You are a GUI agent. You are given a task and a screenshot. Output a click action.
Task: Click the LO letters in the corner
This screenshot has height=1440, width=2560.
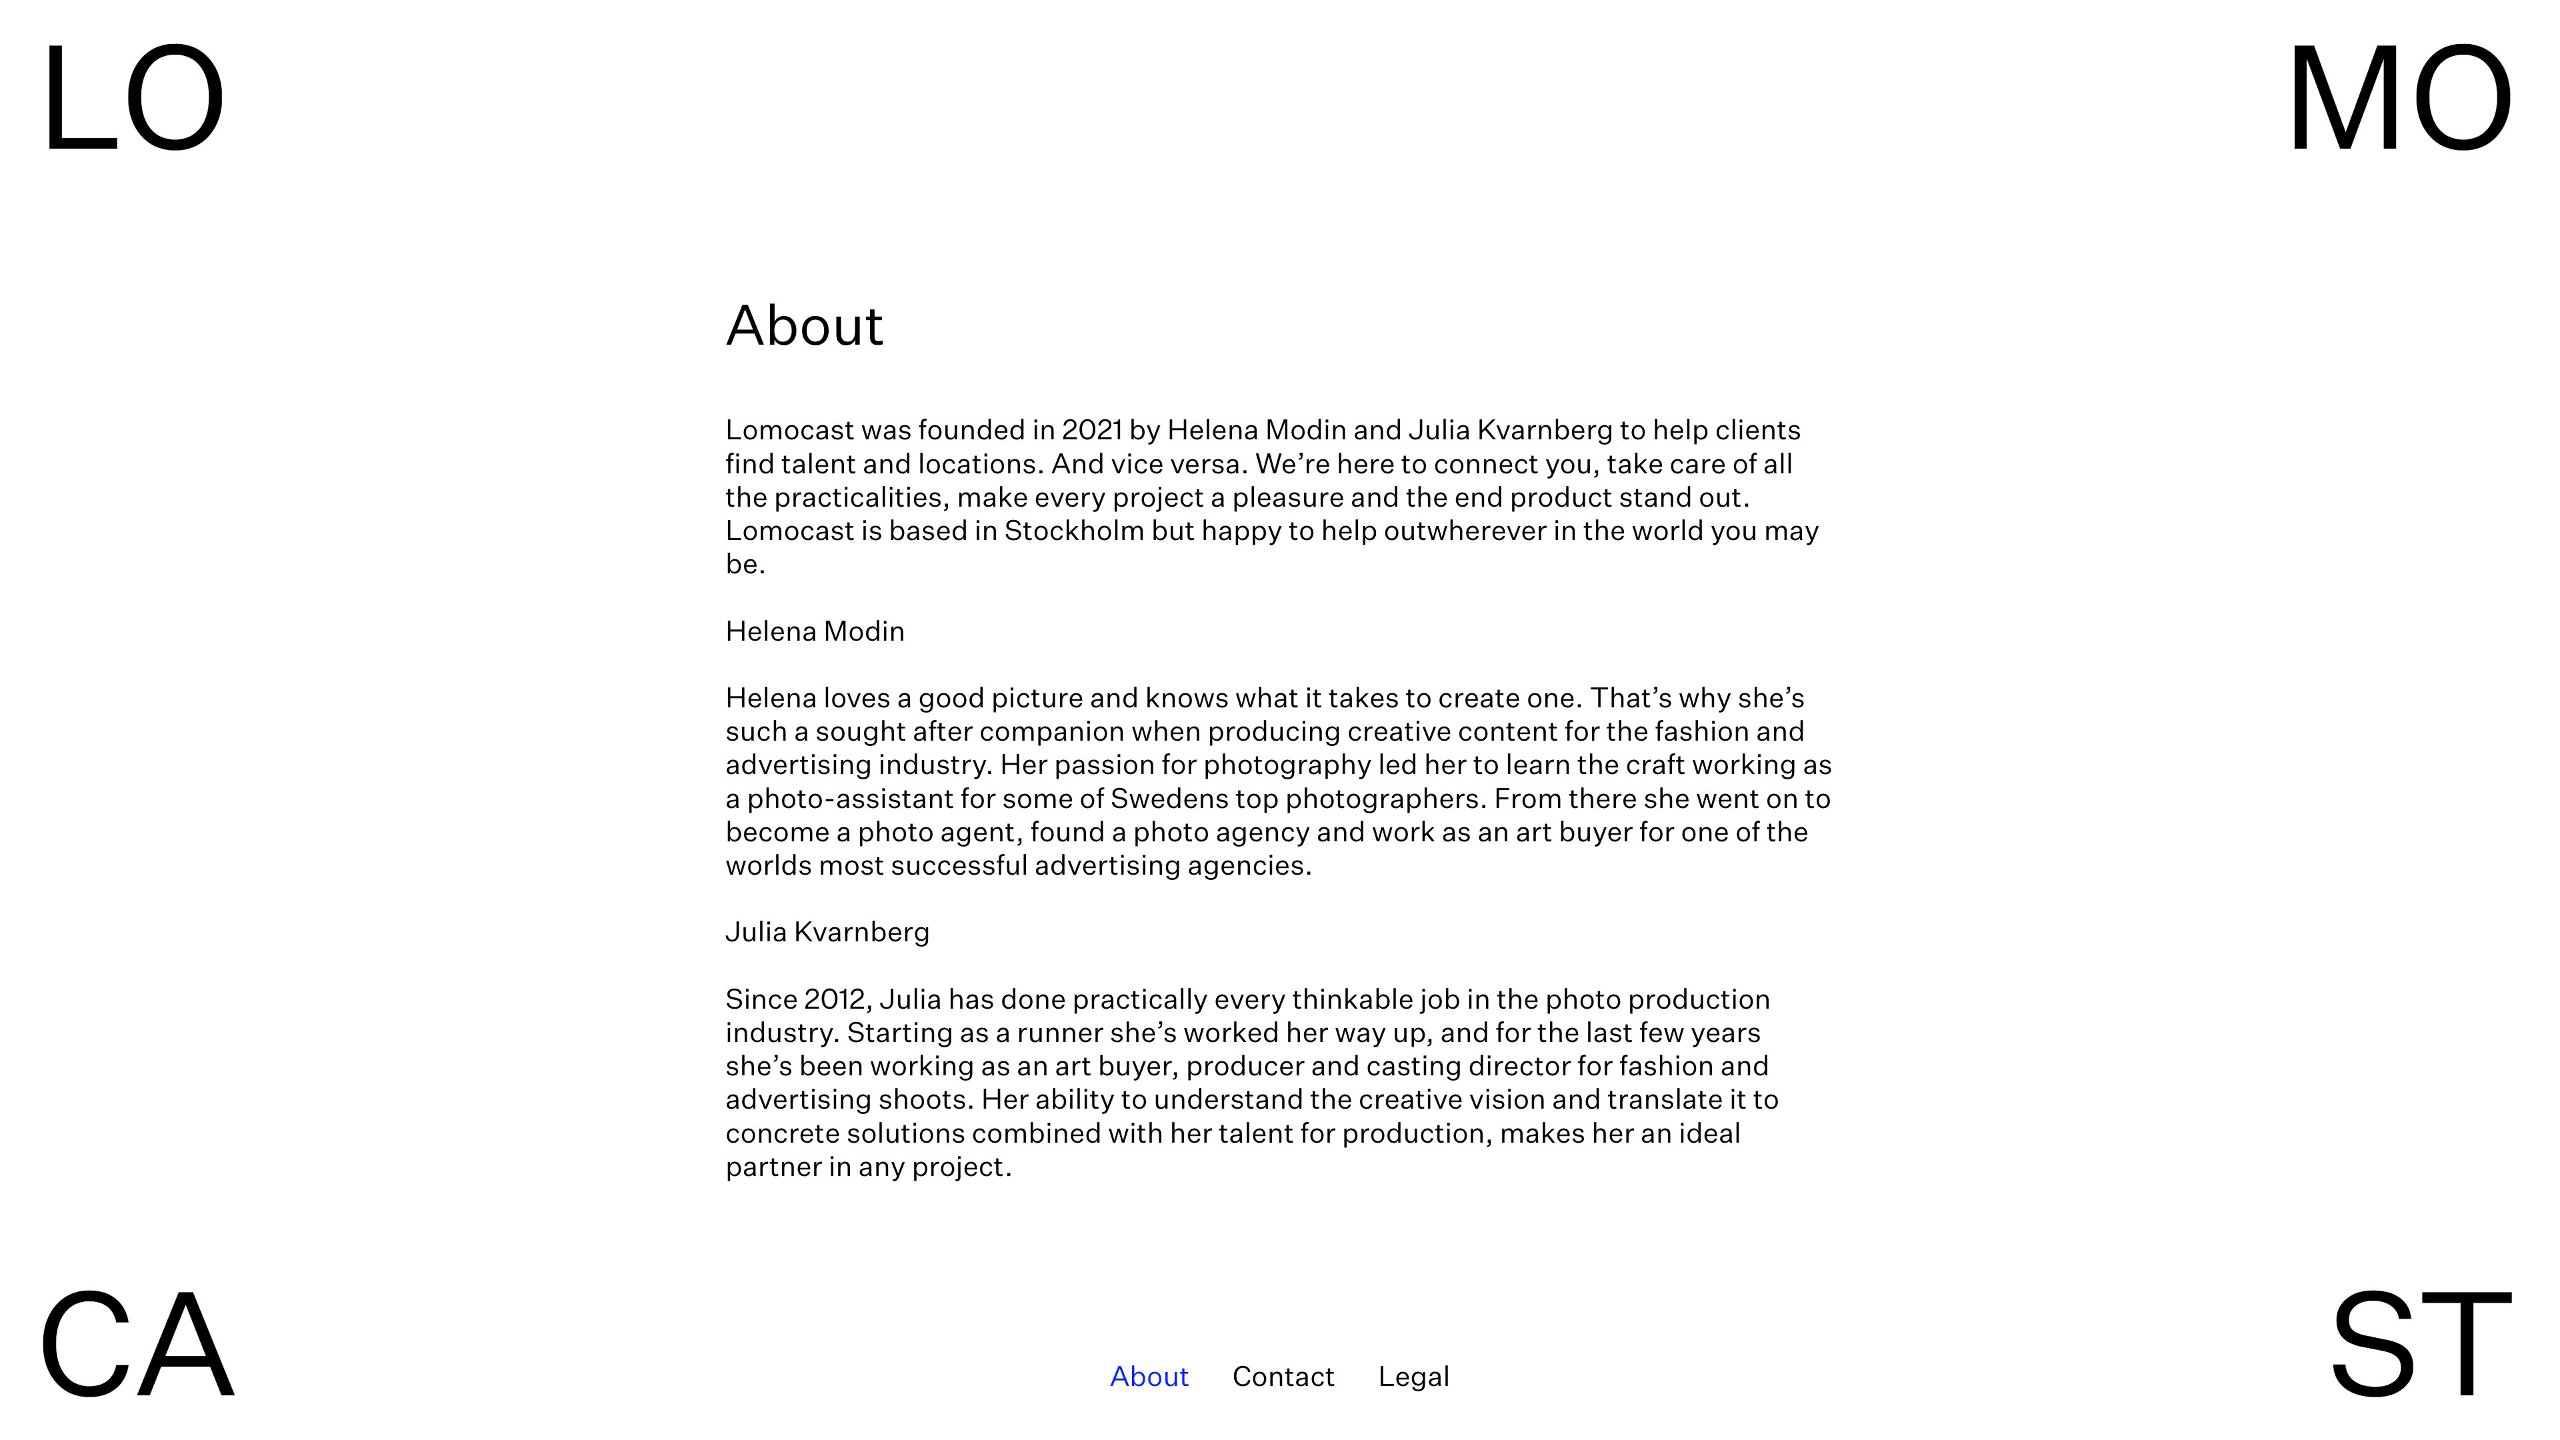click(x=133, y=99)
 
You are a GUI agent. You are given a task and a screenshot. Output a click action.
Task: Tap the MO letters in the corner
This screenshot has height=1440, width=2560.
click(x=2399, y=99)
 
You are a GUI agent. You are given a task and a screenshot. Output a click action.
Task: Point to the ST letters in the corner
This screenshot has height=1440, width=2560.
click(x=2420, y=1343)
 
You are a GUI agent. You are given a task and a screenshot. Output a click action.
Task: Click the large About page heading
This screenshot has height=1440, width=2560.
click(x=804, y=326)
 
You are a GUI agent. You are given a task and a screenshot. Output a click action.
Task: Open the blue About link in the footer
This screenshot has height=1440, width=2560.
click(x=1149, y=1377)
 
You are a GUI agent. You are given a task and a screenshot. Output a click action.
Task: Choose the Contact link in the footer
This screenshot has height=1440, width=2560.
click(x=1283, y=1377)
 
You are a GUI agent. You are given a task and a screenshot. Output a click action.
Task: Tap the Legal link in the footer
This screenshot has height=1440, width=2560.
click(x=1413, y=1377)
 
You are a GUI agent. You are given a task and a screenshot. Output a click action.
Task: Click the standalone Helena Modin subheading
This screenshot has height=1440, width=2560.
click(x=815, y=631)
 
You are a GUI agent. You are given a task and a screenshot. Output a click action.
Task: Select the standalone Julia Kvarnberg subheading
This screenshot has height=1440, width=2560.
click(x=827, y=932)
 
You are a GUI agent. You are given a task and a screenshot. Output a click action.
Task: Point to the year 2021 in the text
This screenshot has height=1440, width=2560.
click(x=1091, y=430)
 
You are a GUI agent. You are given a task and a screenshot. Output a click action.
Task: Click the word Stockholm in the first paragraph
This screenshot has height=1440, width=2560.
click(x=1073, y=531)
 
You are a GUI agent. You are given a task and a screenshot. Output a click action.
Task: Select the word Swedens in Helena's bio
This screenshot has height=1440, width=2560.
click(x=1169, y=799)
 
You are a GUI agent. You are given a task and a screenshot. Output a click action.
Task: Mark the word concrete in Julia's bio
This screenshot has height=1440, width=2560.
click(x=782, y=1134)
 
